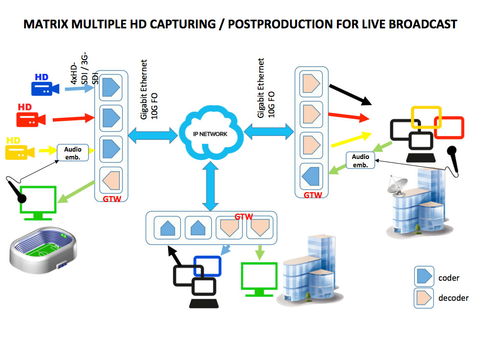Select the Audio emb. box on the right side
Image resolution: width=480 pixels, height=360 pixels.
point(360,160)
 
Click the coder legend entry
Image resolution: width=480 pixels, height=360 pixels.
point(423,277)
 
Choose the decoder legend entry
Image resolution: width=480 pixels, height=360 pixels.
point(423,297)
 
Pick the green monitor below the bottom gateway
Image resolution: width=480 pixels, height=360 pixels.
point(259,278)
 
